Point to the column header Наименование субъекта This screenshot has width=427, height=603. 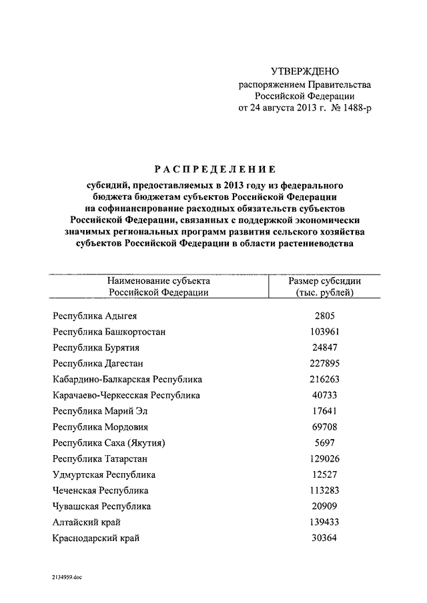(x=159, y=281)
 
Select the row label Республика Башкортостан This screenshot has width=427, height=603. (x=109, y=331)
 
